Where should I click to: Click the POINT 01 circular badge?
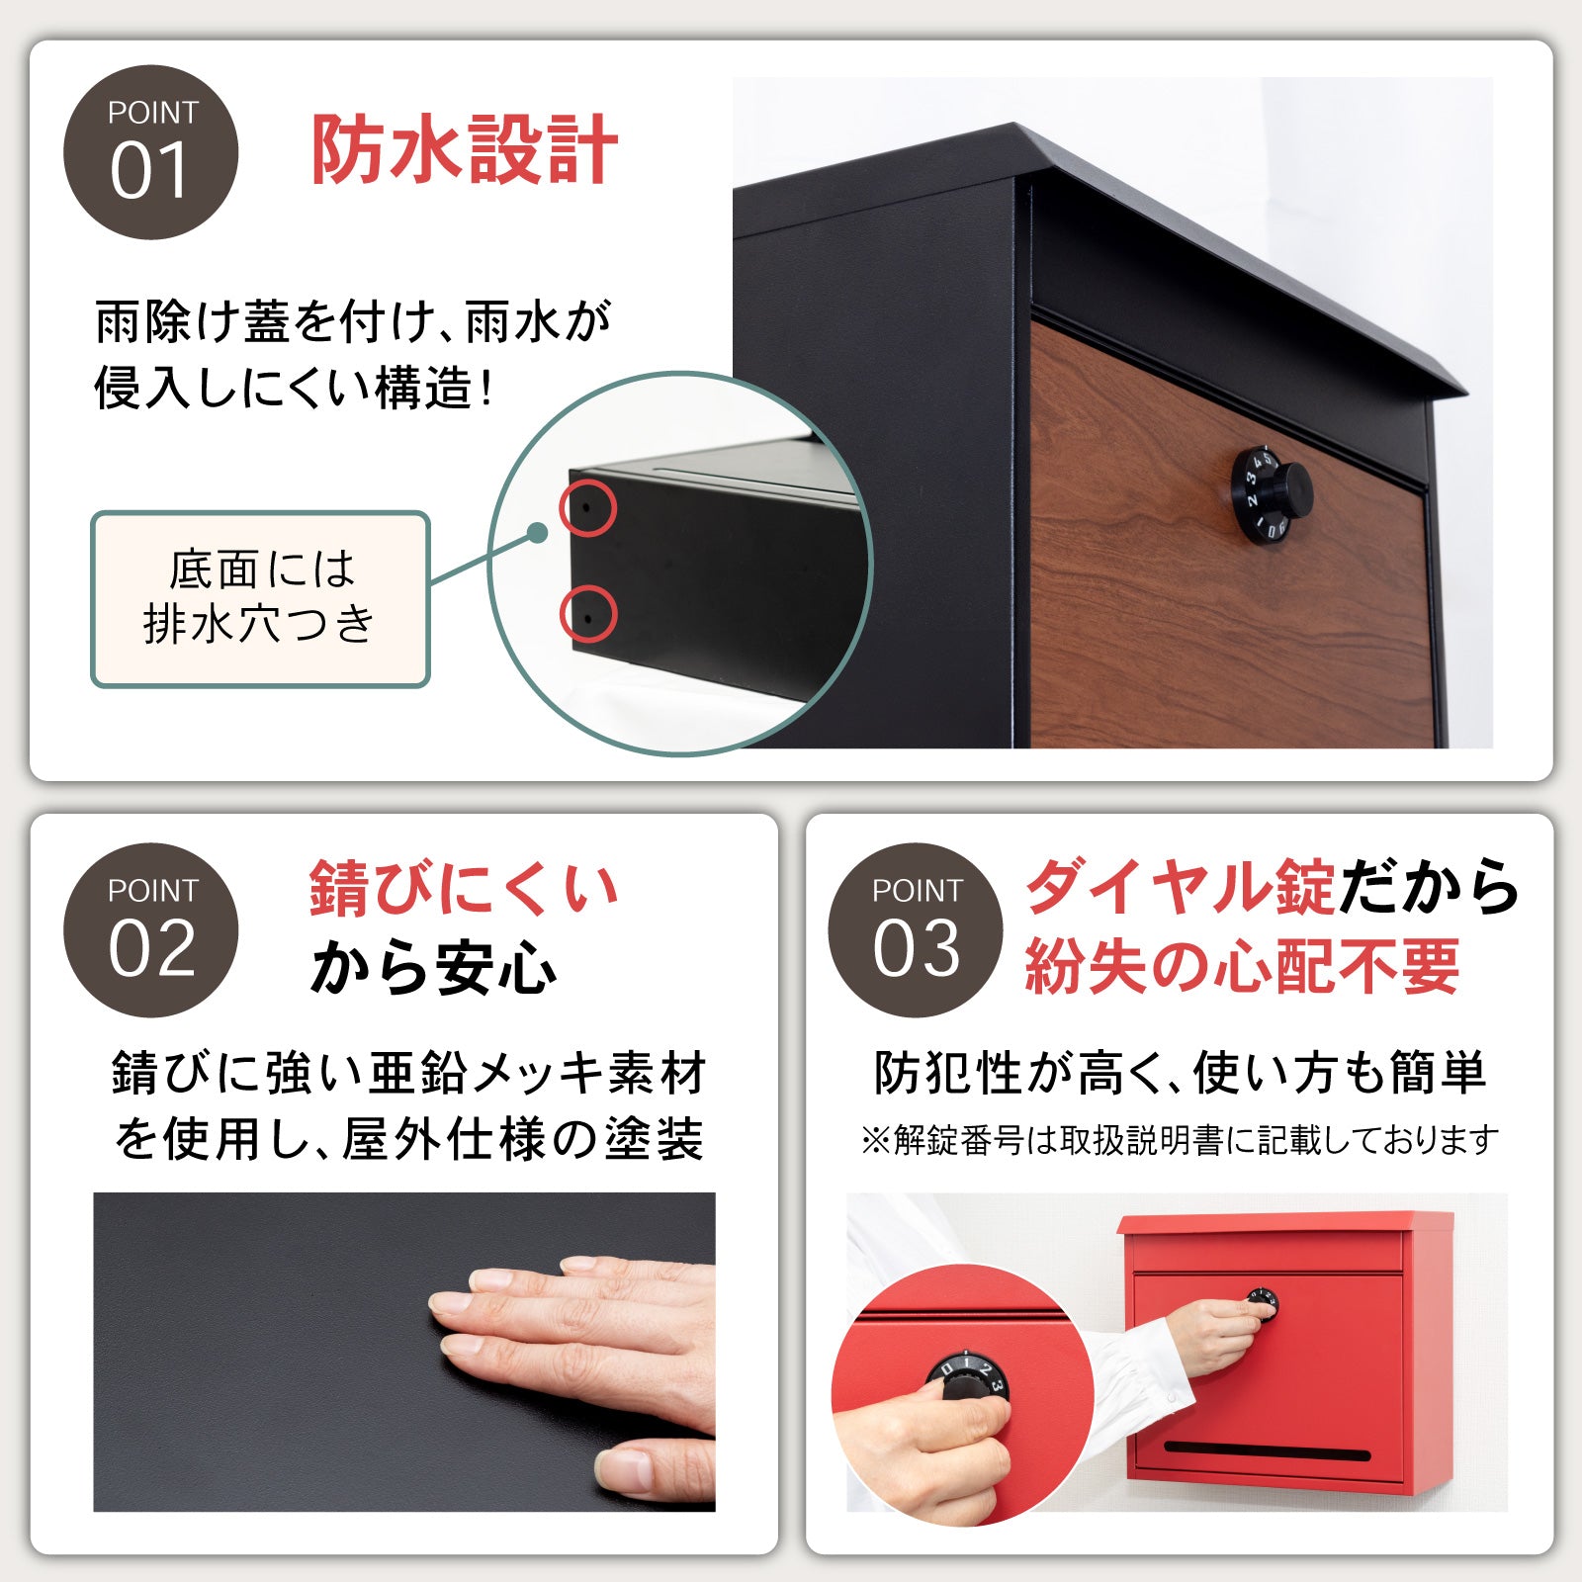point(150,152)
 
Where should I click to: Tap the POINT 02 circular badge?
point(150,929)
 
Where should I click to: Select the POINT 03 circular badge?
point(915,929)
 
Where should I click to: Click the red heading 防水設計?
point(465,150)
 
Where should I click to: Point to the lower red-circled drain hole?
point(587,615)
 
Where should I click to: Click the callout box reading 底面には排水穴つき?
point(260,598)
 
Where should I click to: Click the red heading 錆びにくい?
point(463,888)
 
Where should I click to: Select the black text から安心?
point(433,967)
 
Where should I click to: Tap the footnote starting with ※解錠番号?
point(1180,1140)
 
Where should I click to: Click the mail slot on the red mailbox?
point(1267,1451)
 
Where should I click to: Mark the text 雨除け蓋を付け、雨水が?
point(353,321)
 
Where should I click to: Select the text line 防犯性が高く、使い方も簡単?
point(1180,1073)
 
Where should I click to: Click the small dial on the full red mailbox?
point(1264,1302)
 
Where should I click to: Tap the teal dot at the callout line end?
point(537,534)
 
